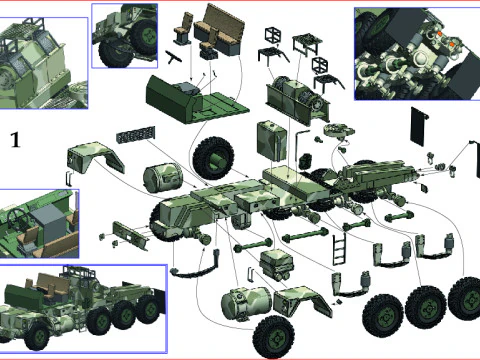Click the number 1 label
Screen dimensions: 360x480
point(14,139)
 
